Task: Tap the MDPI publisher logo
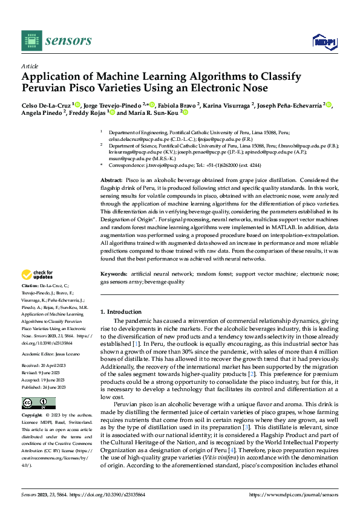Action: click(x=323, y=41)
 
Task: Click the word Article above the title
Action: click(x=30, y=66)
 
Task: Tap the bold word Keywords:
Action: click(x=114, y=274)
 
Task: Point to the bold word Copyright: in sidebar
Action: click(x=33, y=416)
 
